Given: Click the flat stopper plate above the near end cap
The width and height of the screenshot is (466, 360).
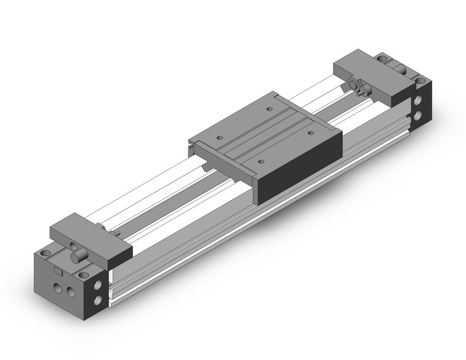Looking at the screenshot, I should pos(92,234).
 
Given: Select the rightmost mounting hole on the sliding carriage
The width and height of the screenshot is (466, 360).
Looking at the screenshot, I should pos(310,131).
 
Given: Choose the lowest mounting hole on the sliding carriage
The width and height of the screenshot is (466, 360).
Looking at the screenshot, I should pos(261,162).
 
